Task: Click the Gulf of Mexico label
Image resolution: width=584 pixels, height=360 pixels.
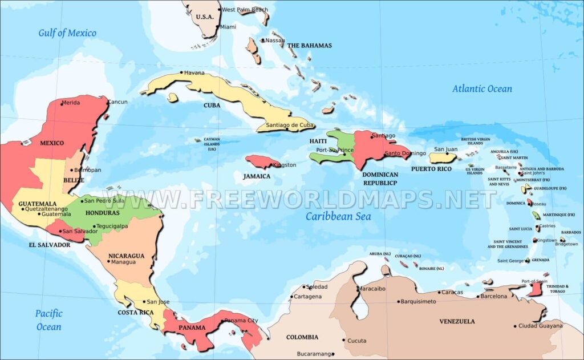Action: click(x=67, y=33)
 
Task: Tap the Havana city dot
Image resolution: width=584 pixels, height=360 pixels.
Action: click(x=181, y=72)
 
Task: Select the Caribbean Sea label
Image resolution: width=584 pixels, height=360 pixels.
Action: click(x=338, y=216)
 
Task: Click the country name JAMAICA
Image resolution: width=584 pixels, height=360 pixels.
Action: click(x=256, y=176)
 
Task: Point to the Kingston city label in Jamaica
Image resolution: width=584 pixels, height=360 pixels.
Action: click(x=285, y=165)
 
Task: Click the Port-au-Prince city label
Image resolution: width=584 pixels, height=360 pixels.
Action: click(x=330, y=150)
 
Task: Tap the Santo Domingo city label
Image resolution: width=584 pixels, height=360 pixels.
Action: click(x=405, y=153)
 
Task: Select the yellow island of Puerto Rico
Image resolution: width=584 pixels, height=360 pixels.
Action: click(x=442, y=157)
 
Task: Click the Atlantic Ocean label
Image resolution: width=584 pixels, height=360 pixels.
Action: click(x=482, y=88)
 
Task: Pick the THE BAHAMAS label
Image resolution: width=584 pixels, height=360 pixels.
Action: click(x=309, y=46)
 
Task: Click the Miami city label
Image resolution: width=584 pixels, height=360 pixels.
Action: click(x=228, y=27)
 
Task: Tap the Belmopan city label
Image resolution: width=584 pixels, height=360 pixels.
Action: click(x=88, y=170)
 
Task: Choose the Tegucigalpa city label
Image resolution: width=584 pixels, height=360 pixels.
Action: click(x=112, y=226)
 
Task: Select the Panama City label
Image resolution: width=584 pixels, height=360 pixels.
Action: click(x=241, y=321)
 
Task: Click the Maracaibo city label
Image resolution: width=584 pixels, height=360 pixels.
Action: click(x=371, y=289)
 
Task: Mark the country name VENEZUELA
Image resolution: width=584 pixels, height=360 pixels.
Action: click(x=457, y=321)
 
